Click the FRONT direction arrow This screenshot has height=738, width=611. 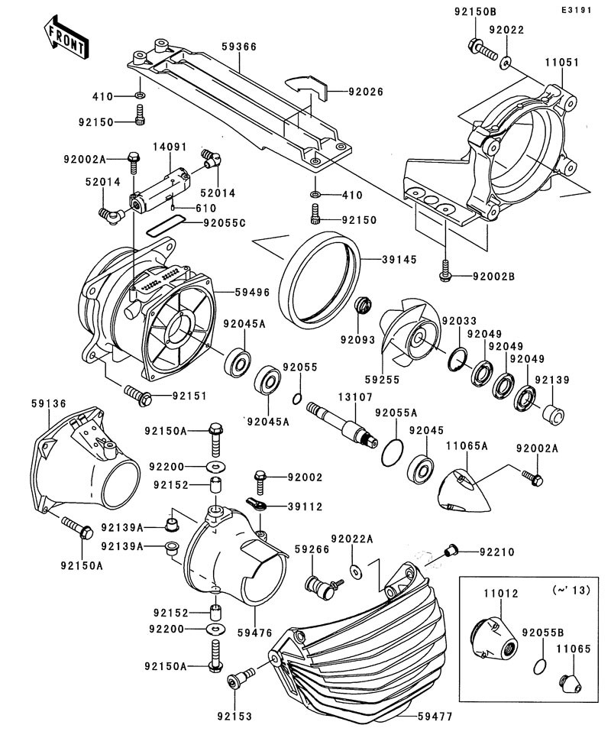[64, 37]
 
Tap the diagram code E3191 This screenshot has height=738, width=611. [578, 11]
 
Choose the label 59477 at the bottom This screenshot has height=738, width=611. [435, 717]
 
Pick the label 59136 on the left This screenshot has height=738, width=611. [50, 403]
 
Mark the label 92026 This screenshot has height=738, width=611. [365, 92]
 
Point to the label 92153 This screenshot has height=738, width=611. [234, 716]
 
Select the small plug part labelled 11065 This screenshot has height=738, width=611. [568, 681]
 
